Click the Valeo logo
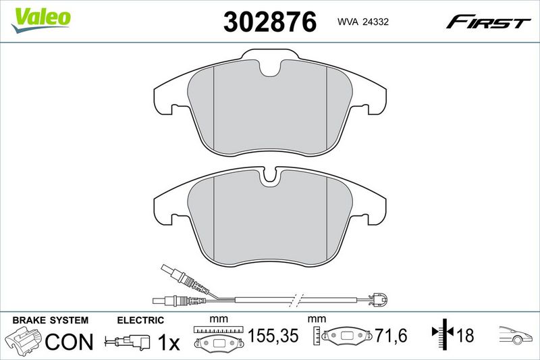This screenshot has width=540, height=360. (40, 20)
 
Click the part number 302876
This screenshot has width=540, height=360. (269, 22)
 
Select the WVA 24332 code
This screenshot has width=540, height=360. (363, 22)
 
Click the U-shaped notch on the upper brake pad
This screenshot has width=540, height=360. (271, 68)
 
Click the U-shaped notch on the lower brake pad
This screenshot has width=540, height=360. (271, 177)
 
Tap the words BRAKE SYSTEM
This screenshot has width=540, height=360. (50, 320)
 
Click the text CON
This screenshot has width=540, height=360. (70, 342)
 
